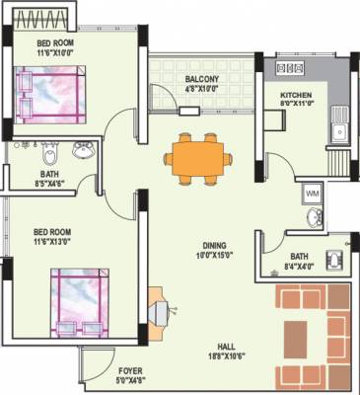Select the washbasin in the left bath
click(83, 151)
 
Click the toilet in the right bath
click(334, 260)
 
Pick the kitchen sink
click(342, 128)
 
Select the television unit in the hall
click(159, 309)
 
